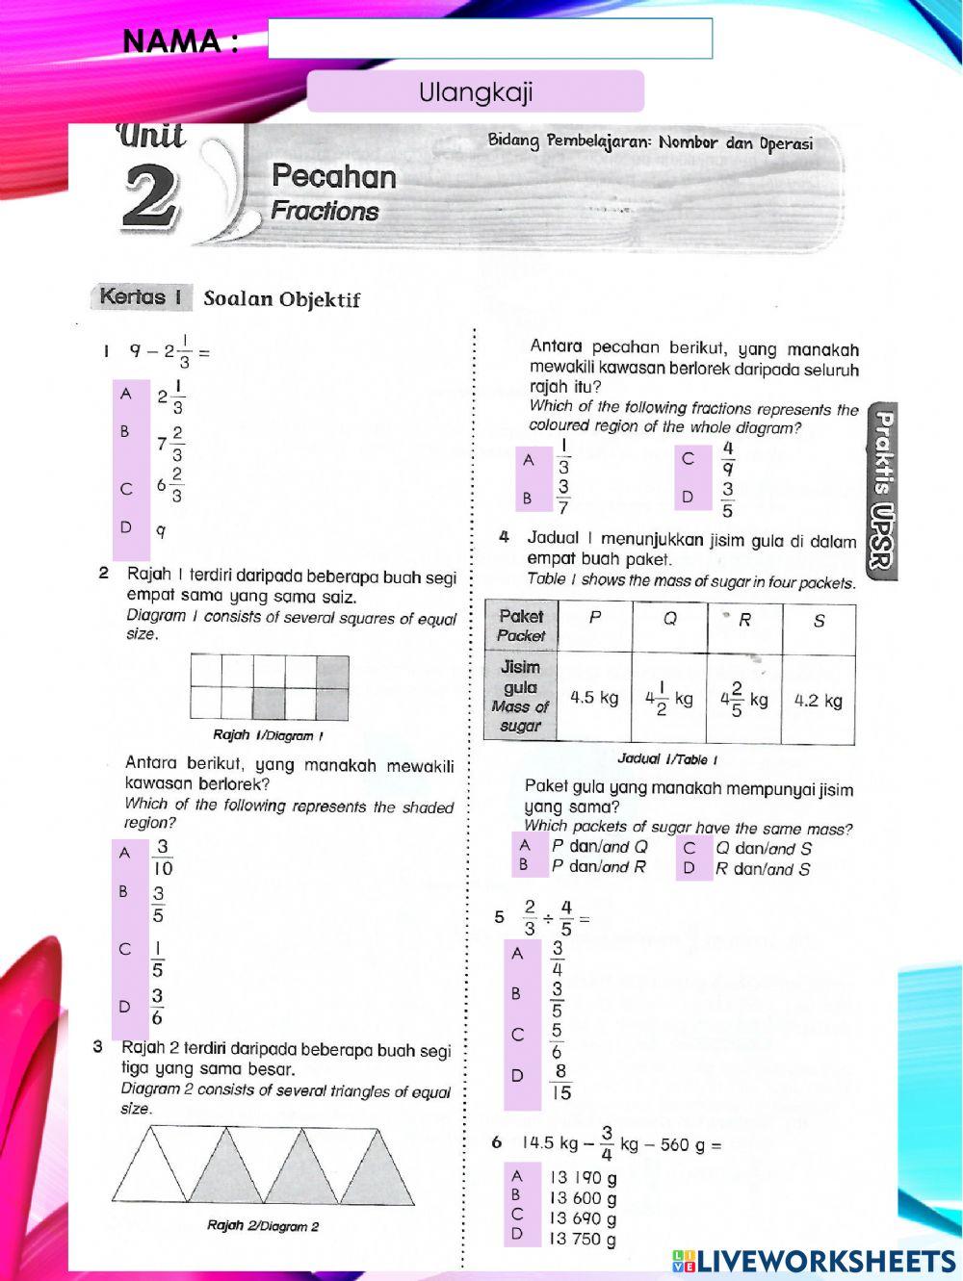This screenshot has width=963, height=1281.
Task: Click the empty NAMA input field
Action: click(x=490, y=38)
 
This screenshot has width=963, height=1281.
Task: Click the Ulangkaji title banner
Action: click(x=476, y=92)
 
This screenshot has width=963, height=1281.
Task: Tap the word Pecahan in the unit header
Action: click(x=334, y=176)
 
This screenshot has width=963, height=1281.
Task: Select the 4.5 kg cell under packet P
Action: click(x=594, y=698)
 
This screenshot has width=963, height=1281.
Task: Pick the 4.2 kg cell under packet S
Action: click(x=818, y=700)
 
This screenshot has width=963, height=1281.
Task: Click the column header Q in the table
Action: click(x=669, y=619)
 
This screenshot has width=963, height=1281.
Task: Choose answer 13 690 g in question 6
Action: click(x=583, y=1218)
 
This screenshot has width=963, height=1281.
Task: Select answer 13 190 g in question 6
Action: click(x=583, y=1177)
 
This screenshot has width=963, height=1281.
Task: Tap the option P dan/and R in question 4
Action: click(x=598, y=866)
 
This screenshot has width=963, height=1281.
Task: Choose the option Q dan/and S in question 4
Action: click(x=763, y=848)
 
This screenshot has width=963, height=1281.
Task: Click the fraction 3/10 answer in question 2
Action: click(x=163, y=858)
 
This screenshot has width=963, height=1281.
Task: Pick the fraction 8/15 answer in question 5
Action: click(x=560, y=1082)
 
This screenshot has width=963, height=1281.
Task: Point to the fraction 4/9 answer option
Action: click(x=728, y=458)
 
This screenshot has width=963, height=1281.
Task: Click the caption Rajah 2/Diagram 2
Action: click(x=263, y=1226)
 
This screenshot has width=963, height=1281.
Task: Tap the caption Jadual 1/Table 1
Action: click(x=668, y=759)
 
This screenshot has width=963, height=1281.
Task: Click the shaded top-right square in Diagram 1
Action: click(x=332, y=671)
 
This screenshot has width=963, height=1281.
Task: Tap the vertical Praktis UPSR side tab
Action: click(x=882, y=491)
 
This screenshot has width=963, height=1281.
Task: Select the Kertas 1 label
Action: click(x=141, y=296)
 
